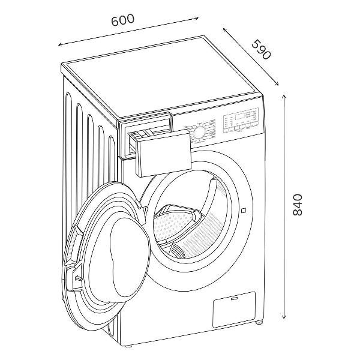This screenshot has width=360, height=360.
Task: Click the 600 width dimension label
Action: pyautogui.click(x=122, y=20)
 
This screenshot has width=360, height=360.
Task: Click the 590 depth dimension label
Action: pyautogui.click(x=262, y=49)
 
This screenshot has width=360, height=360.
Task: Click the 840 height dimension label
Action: pyautogui.click(x=298, y=205)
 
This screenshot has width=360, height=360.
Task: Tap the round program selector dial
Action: pyautogui.click(x=199, y=132)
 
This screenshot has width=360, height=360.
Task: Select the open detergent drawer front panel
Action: pyautogui.click(x=164, y=152)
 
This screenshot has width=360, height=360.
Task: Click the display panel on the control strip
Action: pyautogui.click(x=240, y=116)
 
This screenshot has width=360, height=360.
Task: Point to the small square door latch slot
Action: pyautogui.click(x=244, y=210)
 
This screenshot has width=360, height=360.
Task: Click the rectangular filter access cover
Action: pyautogui.click(x=234, y=309)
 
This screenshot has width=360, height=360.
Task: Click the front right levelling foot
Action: pyautogui.click(x=260, y=323)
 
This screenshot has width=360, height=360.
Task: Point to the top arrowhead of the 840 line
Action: pyautogui.click(x=284, y=96)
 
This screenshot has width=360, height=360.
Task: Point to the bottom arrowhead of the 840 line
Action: pyautogui.click(x=284, y=317)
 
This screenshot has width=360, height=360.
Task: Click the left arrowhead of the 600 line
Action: pyautogui.click(x=60, y=44)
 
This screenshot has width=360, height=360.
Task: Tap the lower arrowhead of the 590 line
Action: pyautogui.click(x=277, y=84)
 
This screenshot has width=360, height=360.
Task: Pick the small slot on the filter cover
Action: pyautogui.click(x=235, y=299)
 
